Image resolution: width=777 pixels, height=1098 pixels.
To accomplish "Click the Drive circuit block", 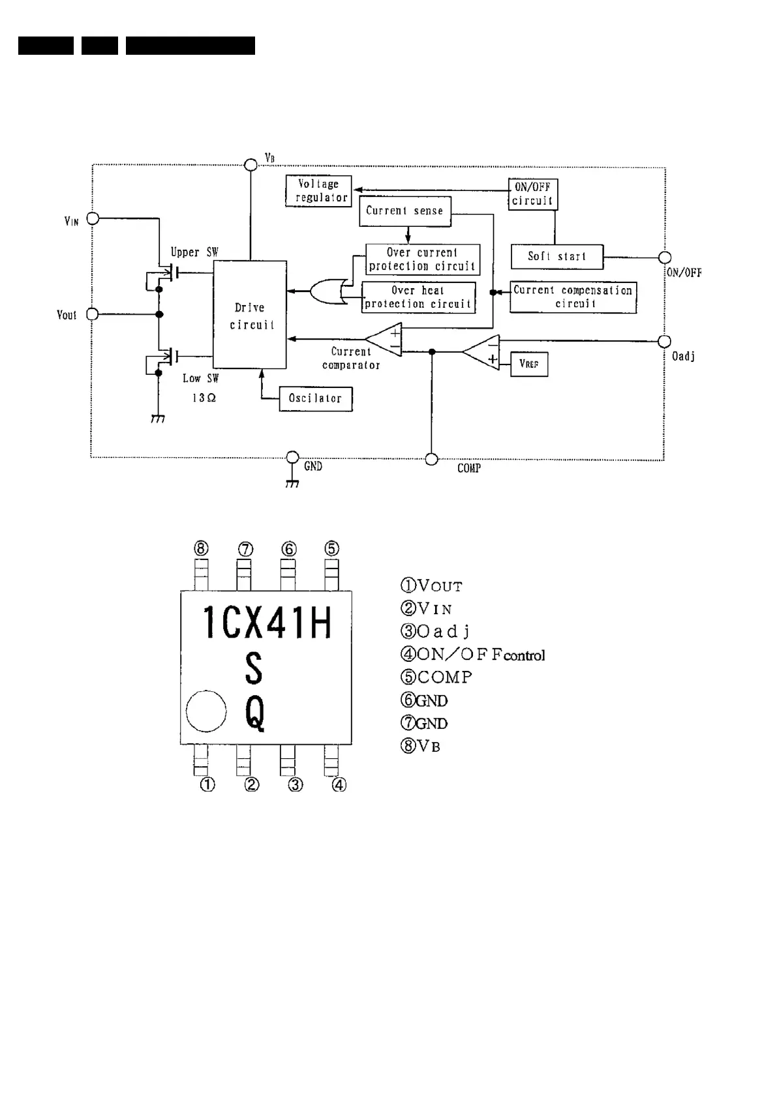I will click(250, 315).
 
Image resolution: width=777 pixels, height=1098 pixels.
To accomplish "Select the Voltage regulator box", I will click(318, 191).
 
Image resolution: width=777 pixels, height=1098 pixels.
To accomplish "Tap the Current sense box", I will click(404, 211).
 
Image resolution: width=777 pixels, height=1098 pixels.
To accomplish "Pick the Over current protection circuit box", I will click(422, 260).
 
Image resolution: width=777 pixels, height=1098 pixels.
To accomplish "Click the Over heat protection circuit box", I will click(418, 297).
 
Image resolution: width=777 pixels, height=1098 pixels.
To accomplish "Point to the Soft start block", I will click(556, 257).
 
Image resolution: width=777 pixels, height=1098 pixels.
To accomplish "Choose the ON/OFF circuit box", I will click(532, 194).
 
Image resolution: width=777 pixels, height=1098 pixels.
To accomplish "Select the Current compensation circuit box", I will click(573, 297).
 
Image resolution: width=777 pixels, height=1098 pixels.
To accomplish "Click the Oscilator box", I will click(316, 398).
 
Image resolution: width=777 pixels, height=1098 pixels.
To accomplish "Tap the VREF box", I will click(529, 364).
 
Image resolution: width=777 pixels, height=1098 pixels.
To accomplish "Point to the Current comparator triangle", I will click(386, 340).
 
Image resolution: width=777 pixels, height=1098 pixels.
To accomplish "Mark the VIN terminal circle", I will click(93, 218).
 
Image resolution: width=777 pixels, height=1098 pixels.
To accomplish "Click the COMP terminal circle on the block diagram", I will click(431, 459).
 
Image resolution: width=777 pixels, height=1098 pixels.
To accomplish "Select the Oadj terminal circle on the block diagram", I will click(664, 341).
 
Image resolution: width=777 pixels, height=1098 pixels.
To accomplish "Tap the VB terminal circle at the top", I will click(250, 164).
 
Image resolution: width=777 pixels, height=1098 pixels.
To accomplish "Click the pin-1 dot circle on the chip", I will click(206, 711).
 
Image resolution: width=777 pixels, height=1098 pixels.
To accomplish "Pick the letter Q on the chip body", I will click(255, 713).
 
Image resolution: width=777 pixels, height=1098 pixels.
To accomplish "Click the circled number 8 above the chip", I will click(201, 548).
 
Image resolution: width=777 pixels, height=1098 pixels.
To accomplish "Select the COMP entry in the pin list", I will click(436, 677).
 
